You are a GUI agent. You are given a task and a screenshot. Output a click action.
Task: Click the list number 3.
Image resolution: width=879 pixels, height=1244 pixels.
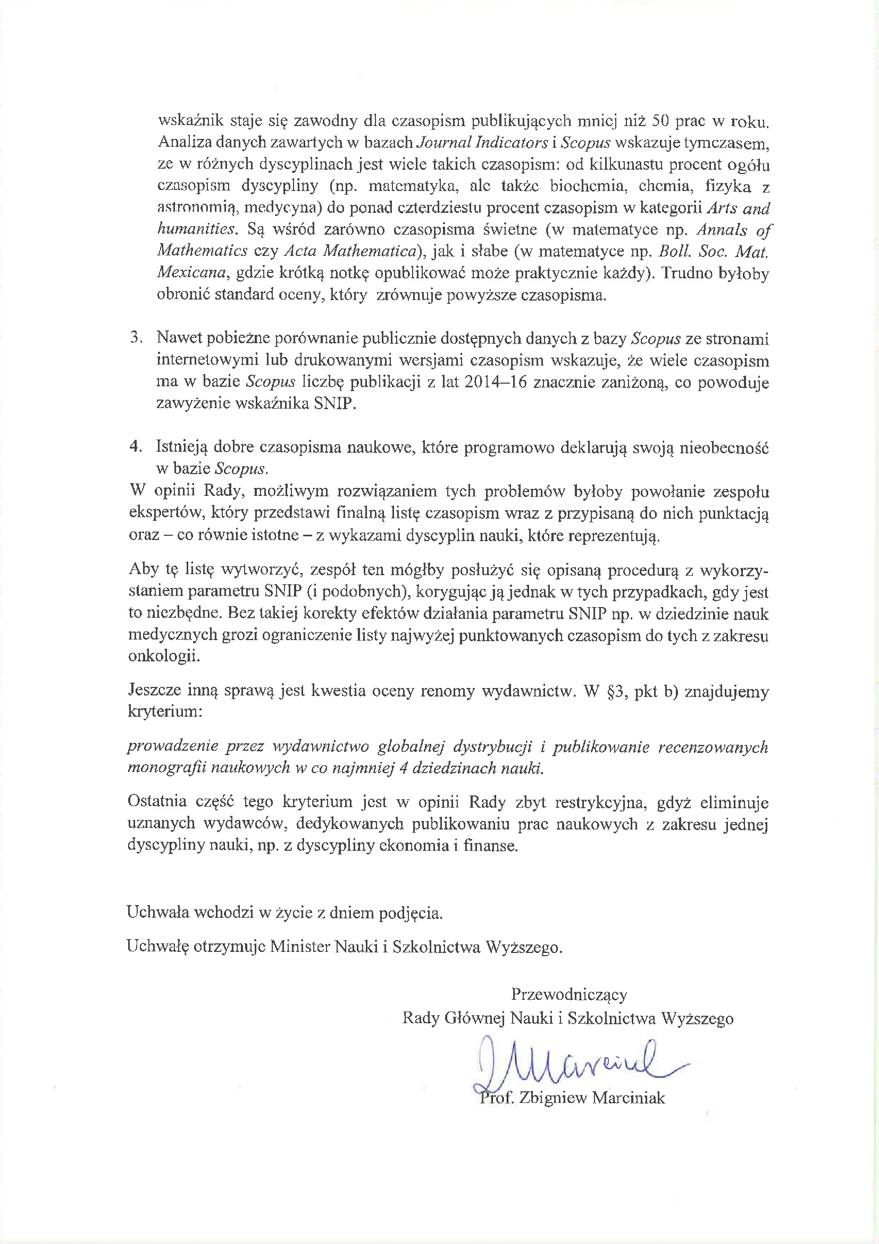[136, 337]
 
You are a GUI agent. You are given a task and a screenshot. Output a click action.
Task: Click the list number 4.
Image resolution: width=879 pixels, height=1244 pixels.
[136, 446]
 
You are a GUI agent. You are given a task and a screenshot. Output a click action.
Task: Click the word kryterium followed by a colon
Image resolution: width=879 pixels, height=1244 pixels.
[165, 711]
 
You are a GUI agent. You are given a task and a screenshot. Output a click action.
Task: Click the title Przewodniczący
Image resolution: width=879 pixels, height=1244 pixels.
[568, 994]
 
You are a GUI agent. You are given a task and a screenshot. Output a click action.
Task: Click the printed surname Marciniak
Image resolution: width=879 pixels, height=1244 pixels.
[628, 1098]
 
